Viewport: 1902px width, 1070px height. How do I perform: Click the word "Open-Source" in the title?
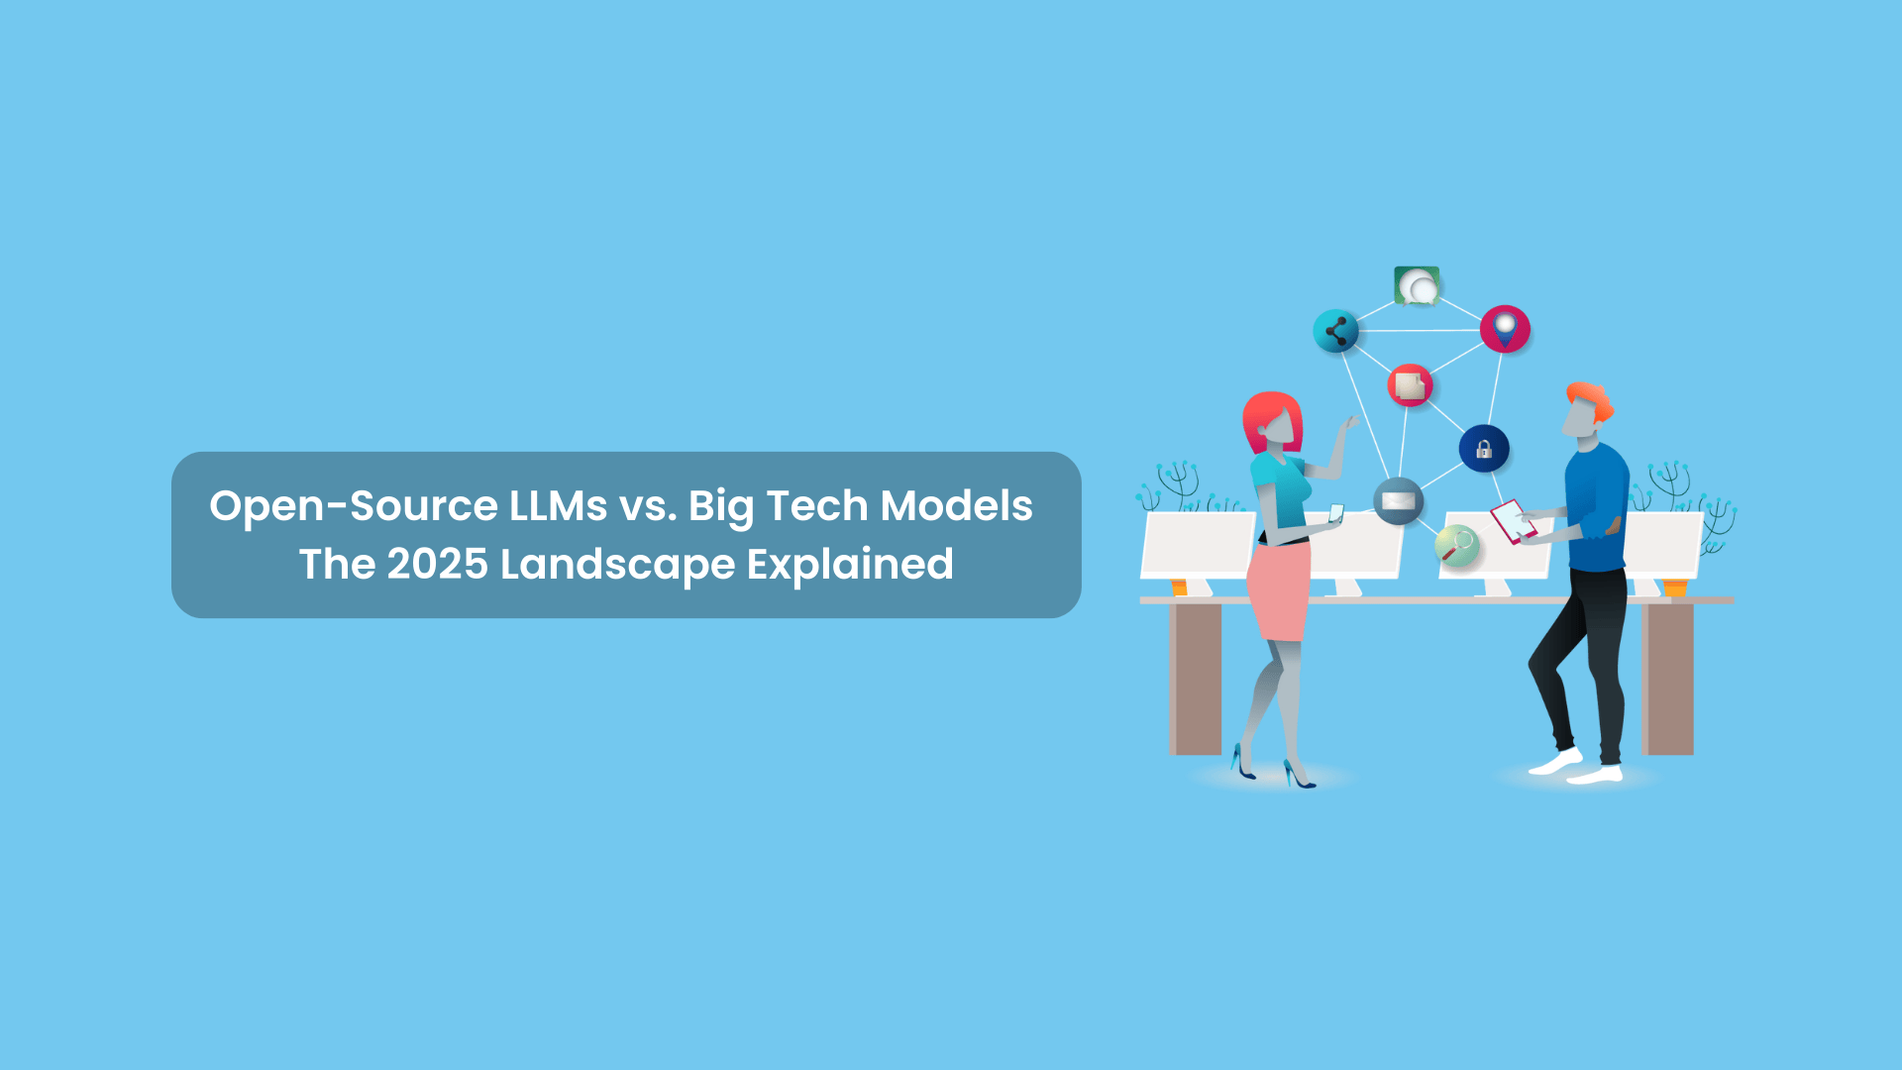coord(354,507)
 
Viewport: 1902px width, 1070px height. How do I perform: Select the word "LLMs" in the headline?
coord(559,505)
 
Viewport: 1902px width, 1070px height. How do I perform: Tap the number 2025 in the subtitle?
coord(438,564)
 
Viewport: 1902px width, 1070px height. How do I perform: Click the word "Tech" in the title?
coord(817,505)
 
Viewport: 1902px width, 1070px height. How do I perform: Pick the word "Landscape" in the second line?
coord(618,566)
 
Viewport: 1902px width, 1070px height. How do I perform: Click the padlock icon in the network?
coord(1484,449)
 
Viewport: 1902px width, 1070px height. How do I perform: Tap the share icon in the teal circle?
coord(1335,331)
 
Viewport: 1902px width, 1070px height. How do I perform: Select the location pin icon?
coord(1505,329)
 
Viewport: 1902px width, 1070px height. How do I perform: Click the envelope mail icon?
coord(1398,500)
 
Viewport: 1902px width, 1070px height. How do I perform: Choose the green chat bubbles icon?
coord(1417,285)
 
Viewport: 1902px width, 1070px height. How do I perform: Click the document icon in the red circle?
coord(1410,385)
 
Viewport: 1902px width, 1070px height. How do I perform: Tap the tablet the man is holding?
coord(1513,521)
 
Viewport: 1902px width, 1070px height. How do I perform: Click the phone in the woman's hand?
coord(1335,513)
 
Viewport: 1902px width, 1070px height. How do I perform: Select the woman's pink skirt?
coord(1279,591)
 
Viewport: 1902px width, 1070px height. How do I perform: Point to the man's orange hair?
coord(1591,398)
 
